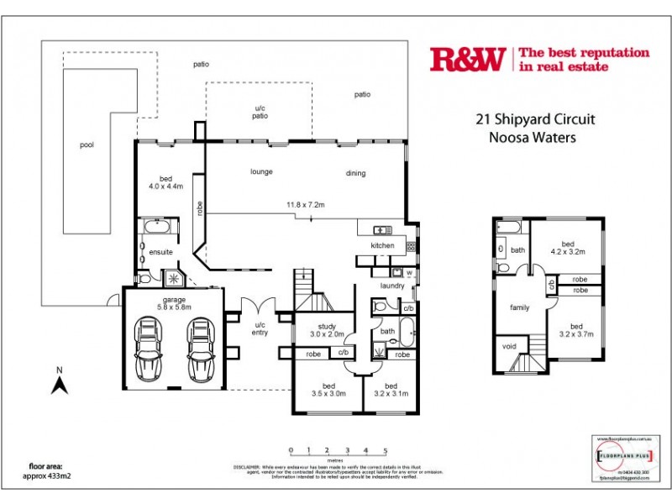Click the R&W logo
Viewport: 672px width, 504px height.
(x=467, y=59)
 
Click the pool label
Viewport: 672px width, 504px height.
(x=87, y=144)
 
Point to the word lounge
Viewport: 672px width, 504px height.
(x=261, y=172)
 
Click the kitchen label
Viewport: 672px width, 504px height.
(x=382, y=245)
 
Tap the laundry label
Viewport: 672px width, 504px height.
(x=392, y=286)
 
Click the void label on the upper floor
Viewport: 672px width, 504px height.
(x=508, y=346)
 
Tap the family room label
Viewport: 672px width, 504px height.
(x=519, y=307)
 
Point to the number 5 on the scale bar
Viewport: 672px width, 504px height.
(x=385, y=450)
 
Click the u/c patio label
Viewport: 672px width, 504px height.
(x=260, y=112)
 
